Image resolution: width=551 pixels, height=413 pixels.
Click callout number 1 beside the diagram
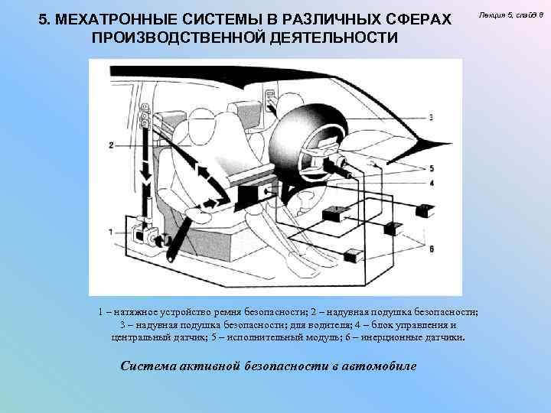tap(112, 232)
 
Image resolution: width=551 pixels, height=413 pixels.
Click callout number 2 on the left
tap(112, 145)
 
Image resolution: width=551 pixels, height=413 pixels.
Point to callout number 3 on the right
tap(432, 117)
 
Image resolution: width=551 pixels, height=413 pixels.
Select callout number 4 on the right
tap(432, 183)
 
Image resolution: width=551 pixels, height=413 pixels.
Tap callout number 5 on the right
tap(432, 167)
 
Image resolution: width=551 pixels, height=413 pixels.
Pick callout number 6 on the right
tap(432, 249)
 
